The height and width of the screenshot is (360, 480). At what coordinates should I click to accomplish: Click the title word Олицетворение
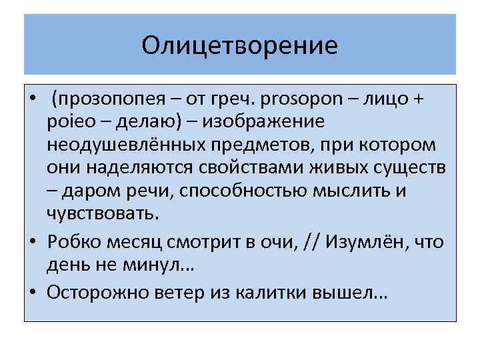[240, 45]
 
